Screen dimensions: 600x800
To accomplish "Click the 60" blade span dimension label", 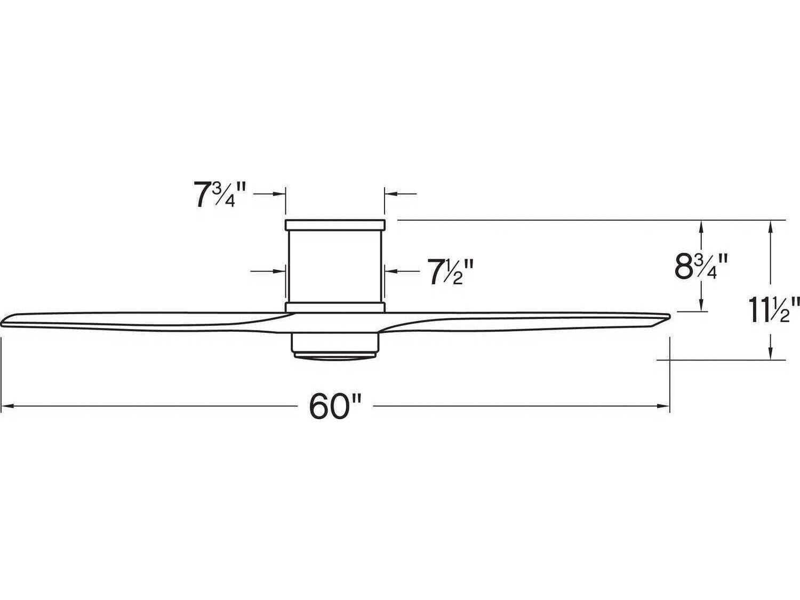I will click(335, 407).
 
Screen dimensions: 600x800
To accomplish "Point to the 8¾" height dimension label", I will click(701, 266).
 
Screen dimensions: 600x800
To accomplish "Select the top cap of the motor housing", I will click(335, 225).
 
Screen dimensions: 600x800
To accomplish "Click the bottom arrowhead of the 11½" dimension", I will click(770, 354).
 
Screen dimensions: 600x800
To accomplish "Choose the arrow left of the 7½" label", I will click(391, 271).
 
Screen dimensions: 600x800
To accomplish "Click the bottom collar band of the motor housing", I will click(335, 307).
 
